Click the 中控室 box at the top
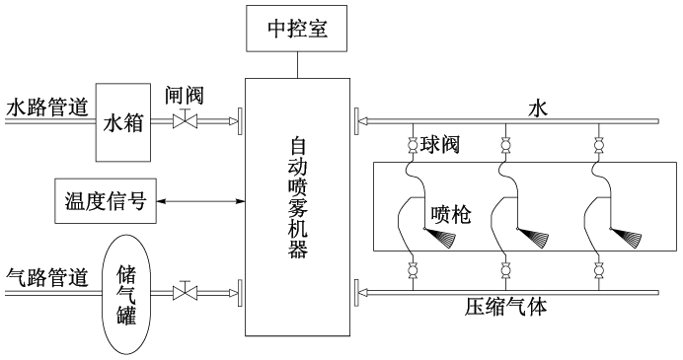coord(297,29)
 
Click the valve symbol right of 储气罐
coord(183,292)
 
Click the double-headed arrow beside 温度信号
coord(198,202)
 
